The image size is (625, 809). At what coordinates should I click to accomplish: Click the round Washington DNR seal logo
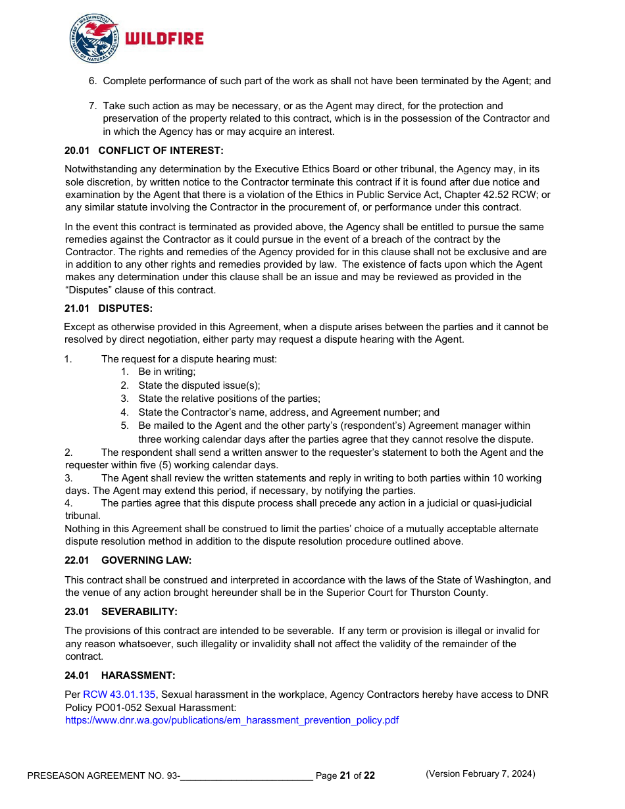(x=95, y=39)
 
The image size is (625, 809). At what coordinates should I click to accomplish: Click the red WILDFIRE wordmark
(x=164, y=39)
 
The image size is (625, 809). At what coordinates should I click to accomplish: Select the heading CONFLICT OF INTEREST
(x=161, y=151)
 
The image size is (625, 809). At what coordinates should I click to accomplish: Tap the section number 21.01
(x=77, y=308)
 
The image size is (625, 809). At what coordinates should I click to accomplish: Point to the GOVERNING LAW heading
(x=146, y=560)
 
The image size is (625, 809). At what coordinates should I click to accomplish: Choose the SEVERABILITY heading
(x=139, y=612)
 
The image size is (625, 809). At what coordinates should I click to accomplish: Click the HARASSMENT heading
(x=138, y=675)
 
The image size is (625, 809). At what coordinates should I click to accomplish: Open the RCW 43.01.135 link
(x=119, y=695)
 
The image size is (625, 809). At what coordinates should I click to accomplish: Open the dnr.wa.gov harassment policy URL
(x=232, y=720)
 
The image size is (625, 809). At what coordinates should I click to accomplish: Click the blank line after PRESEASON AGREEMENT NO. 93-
(x=246, y=776)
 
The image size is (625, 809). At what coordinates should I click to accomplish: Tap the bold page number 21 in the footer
(x=345, y=775)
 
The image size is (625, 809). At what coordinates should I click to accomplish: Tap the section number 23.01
(x=77, y=612)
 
